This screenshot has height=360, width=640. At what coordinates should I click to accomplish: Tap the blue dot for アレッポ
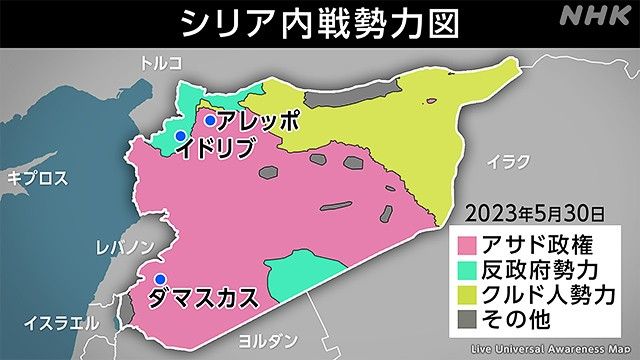click(x=210, y=121)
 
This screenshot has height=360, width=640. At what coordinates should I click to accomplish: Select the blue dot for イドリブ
click(x=180, y=136)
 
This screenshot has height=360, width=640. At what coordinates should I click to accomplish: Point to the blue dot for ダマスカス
click(x=157, y=280)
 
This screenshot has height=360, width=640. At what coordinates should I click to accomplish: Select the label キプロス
click(x=37, y=178)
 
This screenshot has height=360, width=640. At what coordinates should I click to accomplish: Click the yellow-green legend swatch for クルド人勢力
click(x=468, y=296)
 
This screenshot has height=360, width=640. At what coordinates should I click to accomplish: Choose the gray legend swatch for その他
click(x=468, y=321)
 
